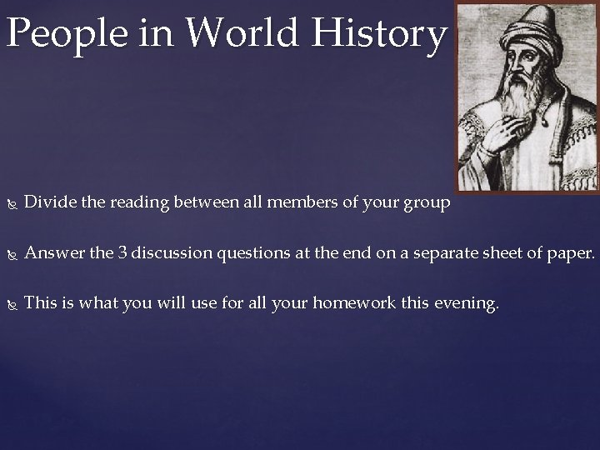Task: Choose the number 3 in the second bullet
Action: coord(122,252)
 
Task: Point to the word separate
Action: coord(440,253)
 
